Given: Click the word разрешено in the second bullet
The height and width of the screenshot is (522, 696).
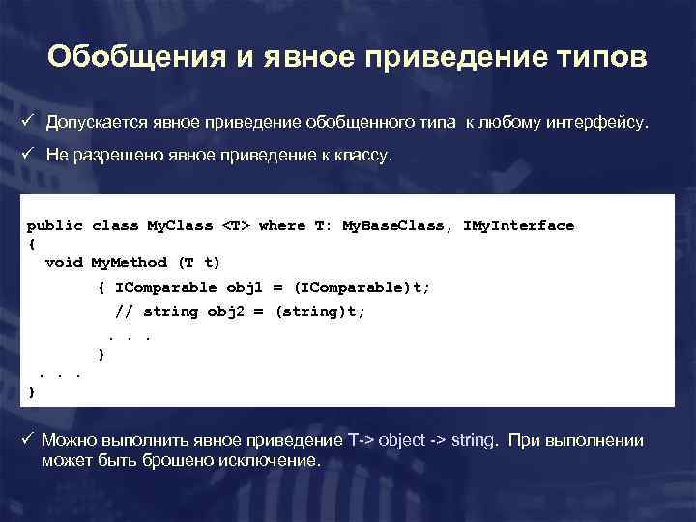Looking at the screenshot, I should point(120,158).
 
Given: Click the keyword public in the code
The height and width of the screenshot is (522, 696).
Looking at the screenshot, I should point(54,226).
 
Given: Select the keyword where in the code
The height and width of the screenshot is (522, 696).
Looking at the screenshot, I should point(282,226).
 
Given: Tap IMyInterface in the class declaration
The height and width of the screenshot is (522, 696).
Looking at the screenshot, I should point(519,226).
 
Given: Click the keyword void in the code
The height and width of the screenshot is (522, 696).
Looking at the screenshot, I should point(64,262).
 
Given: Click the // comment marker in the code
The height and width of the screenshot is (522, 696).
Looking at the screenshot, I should point(125,312).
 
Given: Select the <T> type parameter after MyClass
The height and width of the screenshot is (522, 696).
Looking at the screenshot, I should point(236,226).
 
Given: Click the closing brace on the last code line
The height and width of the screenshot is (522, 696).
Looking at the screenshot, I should point(31,391).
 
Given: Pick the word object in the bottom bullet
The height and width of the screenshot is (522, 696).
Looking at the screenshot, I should point(400,441).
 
